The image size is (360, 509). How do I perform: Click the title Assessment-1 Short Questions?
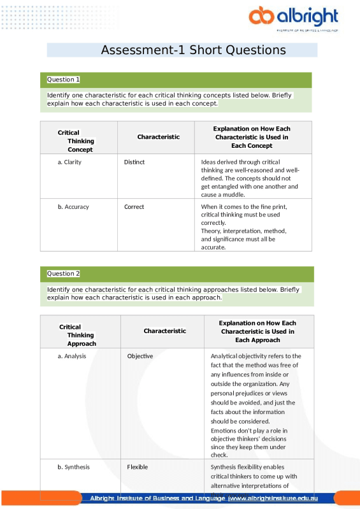coord(194,50)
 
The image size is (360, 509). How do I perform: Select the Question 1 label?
coord(64,80)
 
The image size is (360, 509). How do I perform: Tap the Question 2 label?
coord(64,273)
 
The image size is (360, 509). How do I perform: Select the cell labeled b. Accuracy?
coord(73,206)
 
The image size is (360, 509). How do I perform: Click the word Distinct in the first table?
coord(134,162)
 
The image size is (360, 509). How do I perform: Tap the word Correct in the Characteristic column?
coord(134,206)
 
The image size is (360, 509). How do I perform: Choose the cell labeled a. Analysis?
coord(71,356)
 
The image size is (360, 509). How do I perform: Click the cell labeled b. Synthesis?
coord(73,467)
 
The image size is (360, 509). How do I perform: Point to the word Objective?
coord(140,356)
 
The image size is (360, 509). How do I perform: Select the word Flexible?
coord(137,467)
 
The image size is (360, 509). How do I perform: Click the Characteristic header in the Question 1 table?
coord(158,137)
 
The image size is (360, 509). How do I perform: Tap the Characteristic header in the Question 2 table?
coord(164,331)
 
